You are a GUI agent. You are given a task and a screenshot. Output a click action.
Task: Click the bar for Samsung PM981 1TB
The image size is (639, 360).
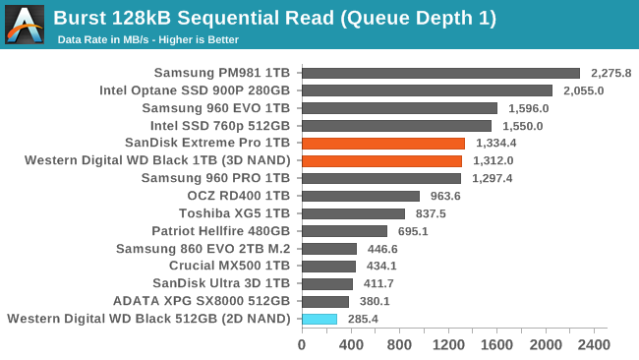pyautogui.click(x=440, y=73)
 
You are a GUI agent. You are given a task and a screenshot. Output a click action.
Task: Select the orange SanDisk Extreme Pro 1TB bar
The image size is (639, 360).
pyautogui.click(x=383, y=143)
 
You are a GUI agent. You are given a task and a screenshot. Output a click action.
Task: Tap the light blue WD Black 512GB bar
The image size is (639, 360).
pyautogui.click(x=319, y=319)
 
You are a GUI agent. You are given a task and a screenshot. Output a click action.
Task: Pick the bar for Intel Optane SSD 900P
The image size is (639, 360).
pyautogui.click(x=427, y=90)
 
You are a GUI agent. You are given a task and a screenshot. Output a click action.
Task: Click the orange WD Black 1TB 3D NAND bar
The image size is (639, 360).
pyautogui.click(x=381, y=160)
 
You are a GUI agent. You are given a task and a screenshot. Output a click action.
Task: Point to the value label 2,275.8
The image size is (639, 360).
pyautogui.click(x=610, y=73)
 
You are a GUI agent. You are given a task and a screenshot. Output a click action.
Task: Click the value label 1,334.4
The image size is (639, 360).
pyautogui.click(x=495, y=143)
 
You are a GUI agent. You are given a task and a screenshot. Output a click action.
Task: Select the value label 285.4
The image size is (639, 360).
pyautogui.click(x=364, y=319)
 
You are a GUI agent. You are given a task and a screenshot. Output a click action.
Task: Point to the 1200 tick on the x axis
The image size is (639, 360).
pyautogui.click(x=447, y=345)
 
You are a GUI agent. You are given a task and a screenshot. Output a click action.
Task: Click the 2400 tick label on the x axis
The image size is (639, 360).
pyautogui.click(x=594, y=345)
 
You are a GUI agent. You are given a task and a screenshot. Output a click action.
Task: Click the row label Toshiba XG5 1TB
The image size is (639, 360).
pyautogui.click(x=234, y=213)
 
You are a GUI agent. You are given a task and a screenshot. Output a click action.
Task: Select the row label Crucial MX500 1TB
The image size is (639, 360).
pyautogui.click(x=229, y=266)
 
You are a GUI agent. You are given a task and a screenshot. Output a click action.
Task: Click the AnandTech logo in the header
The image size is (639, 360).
pyautogui.click(x=25, y=24)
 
